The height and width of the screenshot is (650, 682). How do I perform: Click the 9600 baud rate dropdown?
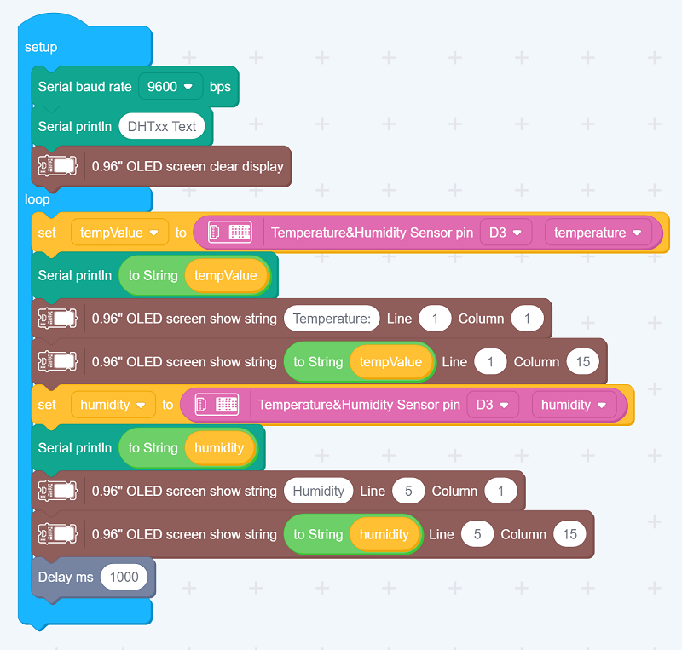point(170,87)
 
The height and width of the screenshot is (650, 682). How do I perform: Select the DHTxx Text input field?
point(161,126)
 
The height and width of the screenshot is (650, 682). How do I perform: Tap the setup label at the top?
point(41,47)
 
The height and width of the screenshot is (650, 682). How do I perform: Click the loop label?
point(38,199)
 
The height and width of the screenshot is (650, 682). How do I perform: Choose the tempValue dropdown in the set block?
point(119,233)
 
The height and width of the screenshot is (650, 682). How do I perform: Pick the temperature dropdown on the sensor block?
point(598,233)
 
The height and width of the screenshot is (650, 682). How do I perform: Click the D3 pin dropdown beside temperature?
point(505,233)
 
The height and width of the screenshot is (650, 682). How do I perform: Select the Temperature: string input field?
point(332,319)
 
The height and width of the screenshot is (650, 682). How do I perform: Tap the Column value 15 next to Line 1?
point(583,362)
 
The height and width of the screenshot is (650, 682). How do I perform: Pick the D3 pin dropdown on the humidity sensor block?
point(492,405)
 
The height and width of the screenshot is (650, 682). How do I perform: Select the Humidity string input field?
point(318,491)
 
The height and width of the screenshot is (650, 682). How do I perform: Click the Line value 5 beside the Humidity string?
point(408,491)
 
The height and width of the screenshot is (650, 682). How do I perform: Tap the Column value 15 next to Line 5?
point(569,534)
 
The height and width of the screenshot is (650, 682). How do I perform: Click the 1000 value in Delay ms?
point(124,577)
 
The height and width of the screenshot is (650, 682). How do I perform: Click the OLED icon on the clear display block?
point(58,166)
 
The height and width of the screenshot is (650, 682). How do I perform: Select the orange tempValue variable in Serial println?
point(225,275)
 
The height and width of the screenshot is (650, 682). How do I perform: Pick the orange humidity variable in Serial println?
point(219,448)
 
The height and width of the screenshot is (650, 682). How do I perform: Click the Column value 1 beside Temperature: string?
point(528,319)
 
